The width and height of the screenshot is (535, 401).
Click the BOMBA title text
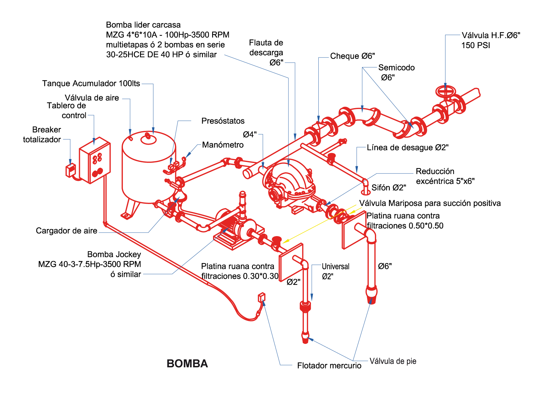[187, 363]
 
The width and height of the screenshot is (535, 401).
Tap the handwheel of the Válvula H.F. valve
[445, 91]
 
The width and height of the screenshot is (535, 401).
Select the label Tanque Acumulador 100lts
[91, 83]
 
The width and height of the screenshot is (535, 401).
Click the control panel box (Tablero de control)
[95, 160]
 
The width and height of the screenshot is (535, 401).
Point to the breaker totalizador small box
[70, 170]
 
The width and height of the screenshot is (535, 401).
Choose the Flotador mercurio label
[329, 366]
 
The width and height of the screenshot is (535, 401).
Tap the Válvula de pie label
[393, 361]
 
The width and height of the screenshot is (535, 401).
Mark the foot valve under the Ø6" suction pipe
[371, 295]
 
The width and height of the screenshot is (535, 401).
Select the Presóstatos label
[223, 121]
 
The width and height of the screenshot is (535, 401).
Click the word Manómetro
[223, 145]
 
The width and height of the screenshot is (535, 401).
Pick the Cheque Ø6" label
[352, 56]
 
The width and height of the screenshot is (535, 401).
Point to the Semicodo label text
[396, 68]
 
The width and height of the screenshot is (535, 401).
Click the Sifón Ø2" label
[389, 188]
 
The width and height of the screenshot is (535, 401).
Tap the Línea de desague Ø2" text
[408, 148]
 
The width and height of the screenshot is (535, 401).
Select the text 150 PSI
[476, 46]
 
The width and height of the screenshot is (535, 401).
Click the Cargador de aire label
[66, 231]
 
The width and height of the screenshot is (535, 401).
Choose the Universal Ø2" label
[335, 271]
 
